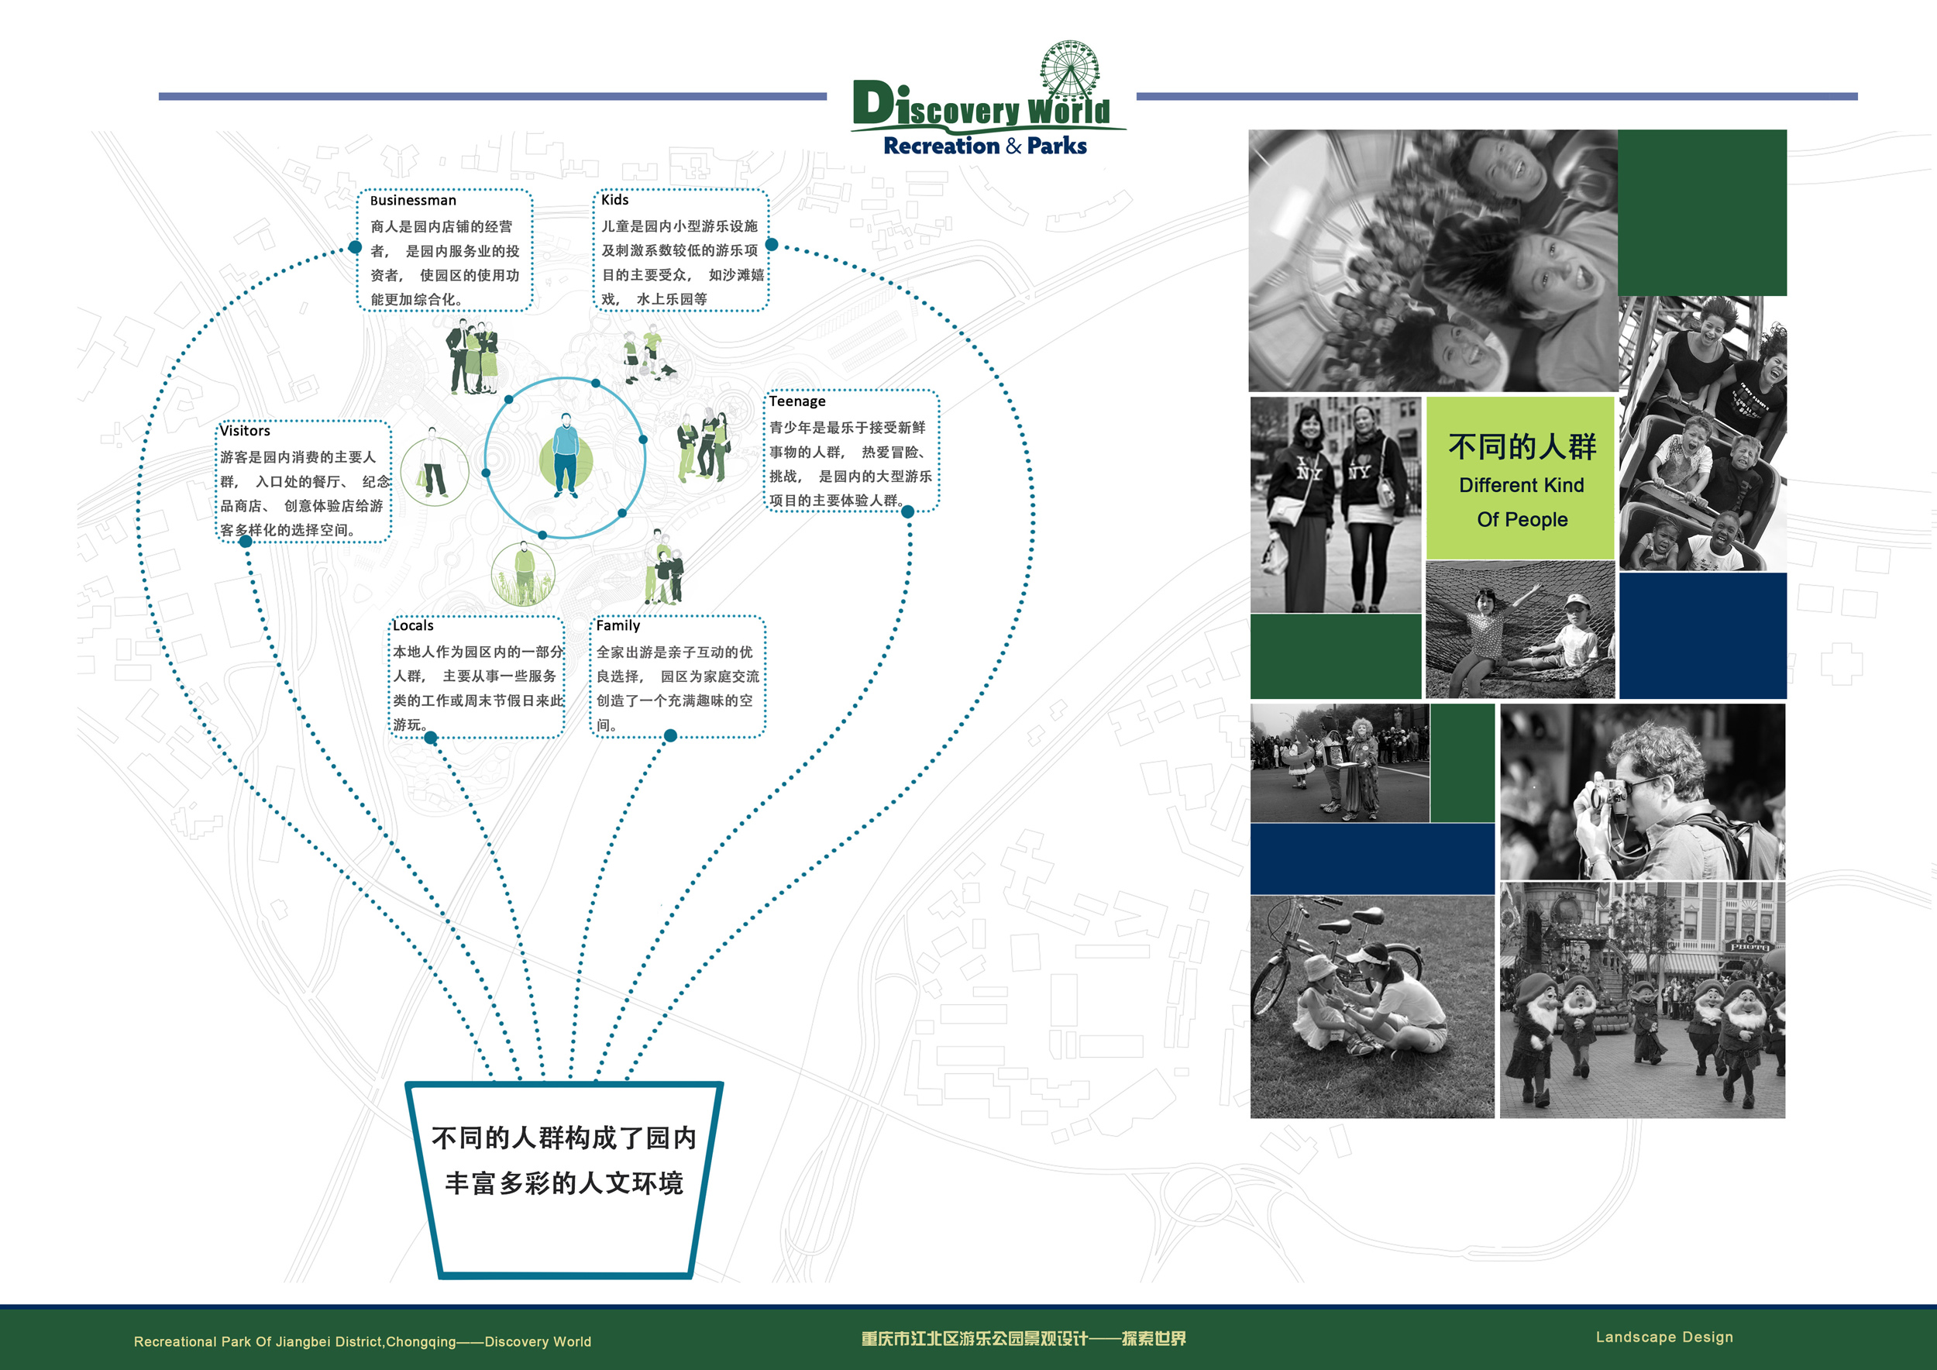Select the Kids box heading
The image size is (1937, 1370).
(615, 200)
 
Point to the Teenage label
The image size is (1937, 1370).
(797, 401)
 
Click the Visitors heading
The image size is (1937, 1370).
(245, 431)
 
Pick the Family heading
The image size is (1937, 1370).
(618, 626)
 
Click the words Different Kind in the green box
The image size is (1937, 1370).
(1521, 485)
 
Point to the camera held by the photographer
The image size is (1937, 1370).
(1607, 796)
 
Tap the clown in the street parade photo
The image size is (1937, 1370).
(1359, 768)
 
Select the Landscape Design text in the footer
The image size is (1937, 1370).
(1663, 1337)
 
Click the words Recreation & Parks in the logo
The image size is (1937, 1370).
(985, 146)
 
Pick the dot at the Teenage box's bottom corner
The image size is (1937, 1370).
(908, 511)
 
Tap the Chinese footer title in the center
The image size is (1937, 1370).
(1024, 1339)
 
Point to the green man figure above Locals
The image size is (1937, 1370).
(524, 574)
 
